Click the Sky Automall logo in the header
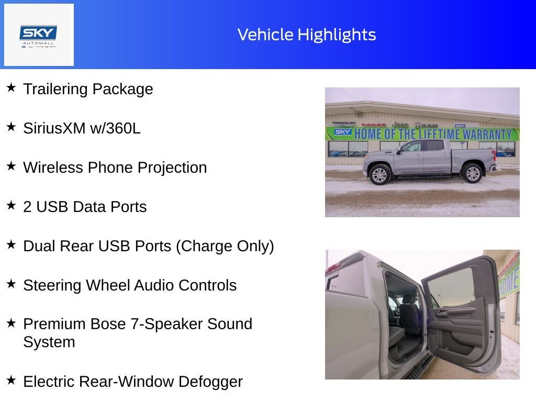(39, 35)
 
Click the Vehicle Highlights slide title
(307, 35)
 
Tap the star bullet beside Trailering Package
(11, 87)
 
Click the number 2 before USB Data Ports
(27, 207)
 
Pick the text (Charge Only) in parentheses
(225, 246)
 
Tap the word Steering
(52, 285)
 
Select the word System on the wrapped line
(49, 342)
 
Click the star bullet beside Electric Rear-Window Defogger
(11, 380)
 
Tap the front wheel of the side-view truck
(379, 174)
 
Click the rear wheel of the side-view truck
(472, 173)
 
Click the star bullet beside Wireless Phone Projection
(11, 166)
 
